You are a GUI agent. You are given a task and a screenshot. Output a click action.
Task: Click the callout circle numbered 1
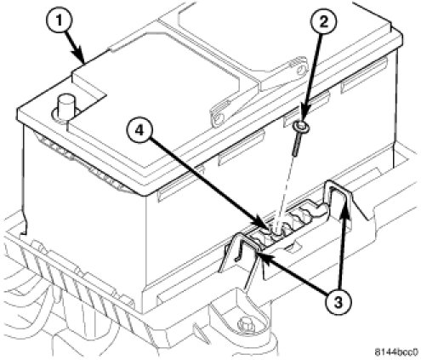59,20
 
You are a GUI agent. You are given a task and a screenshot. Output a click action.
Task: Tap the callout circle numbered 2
324,21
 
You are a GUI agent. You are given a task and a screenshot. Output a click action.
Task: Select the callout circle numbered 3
338,301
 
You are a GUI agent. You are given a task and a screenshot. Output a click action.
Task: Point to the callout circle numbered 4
139,130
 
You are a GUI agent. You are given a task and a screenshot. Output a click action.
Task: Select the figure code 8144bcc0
396,351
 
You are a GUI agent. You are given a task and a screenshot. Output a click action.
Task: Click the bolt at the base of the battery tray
245,323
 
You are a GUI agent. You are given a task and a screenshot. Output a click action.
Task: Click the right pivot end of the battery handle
300,66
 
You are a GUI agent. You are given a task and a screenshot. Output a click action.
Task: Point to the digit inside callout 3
338,301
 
